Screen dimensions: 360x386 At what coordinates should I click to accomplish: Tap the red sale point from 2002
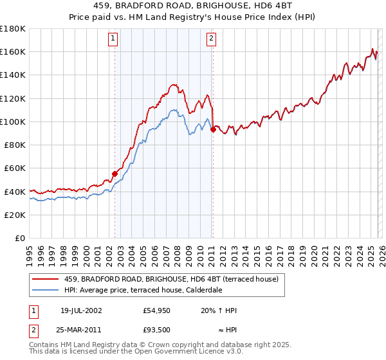tap(115, 174)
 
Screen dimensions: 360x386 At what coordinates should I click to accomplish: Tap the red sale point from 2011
tap(213, 129)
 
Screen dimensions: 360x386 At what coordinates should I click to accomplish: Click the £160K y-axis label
tap(14, 51)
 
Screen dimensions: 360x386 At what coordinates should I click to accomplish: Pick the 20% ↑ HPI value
tap(219, 310)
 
